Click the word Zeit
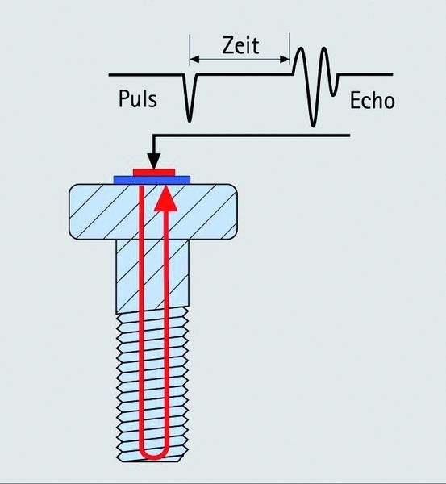point(241,45)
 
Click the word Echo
point(372,101)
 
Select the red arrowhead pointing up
point(165,198)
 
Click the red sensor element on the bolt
point(154,171)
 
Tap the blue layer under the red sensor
point(123,177)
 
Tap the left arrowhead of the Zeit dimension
point(194,60)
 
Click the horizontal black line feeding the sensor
point(258,136)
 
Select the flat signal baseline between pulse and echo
point(242,74)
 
